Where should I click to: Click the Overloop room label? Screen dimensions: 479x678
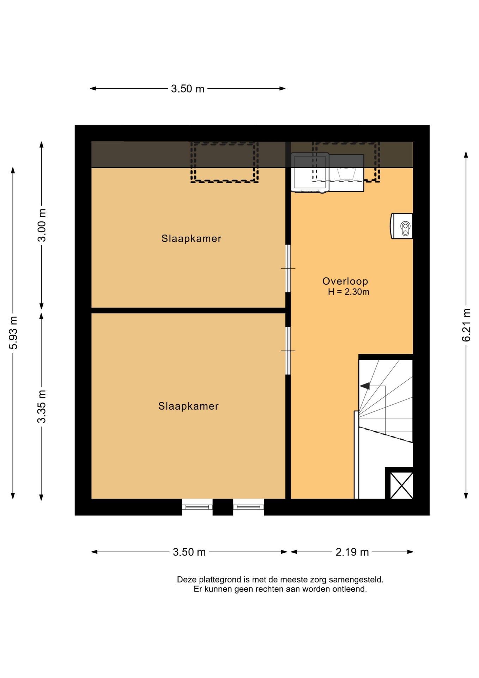345,281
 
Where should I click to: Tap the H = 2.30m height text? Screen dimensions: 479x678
348,292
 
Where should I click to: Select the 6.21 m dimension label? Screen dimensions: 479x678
466,325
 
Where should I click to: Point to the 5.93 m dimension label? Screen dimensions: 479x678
13,333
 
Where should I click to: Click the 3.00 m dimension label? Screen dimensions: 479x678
42,225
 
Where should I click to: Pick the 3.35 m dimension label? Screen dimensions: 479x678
42,406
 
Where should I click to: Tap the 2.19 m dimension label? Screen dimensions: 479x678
352,552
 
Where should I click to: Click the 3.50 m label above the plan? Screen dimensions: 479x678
188,89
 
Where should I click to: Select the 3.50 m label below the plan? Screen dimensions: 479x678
189,552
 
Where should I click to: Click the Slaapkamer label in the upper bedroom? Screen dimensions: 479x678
192,239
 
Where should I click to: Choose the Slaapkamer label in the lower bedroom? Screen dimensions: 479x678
188,406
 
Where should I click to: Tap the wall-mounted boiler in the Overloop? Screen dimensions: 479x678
402,226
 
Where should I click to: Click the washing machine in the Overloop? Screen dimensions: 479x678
310,173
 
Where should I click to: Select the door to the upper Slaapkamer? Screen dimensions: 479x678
288,268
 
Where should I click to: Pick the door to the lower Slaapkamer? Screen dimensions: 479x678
288,351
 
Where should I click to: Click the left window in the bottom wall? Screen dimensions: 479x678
197,507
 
